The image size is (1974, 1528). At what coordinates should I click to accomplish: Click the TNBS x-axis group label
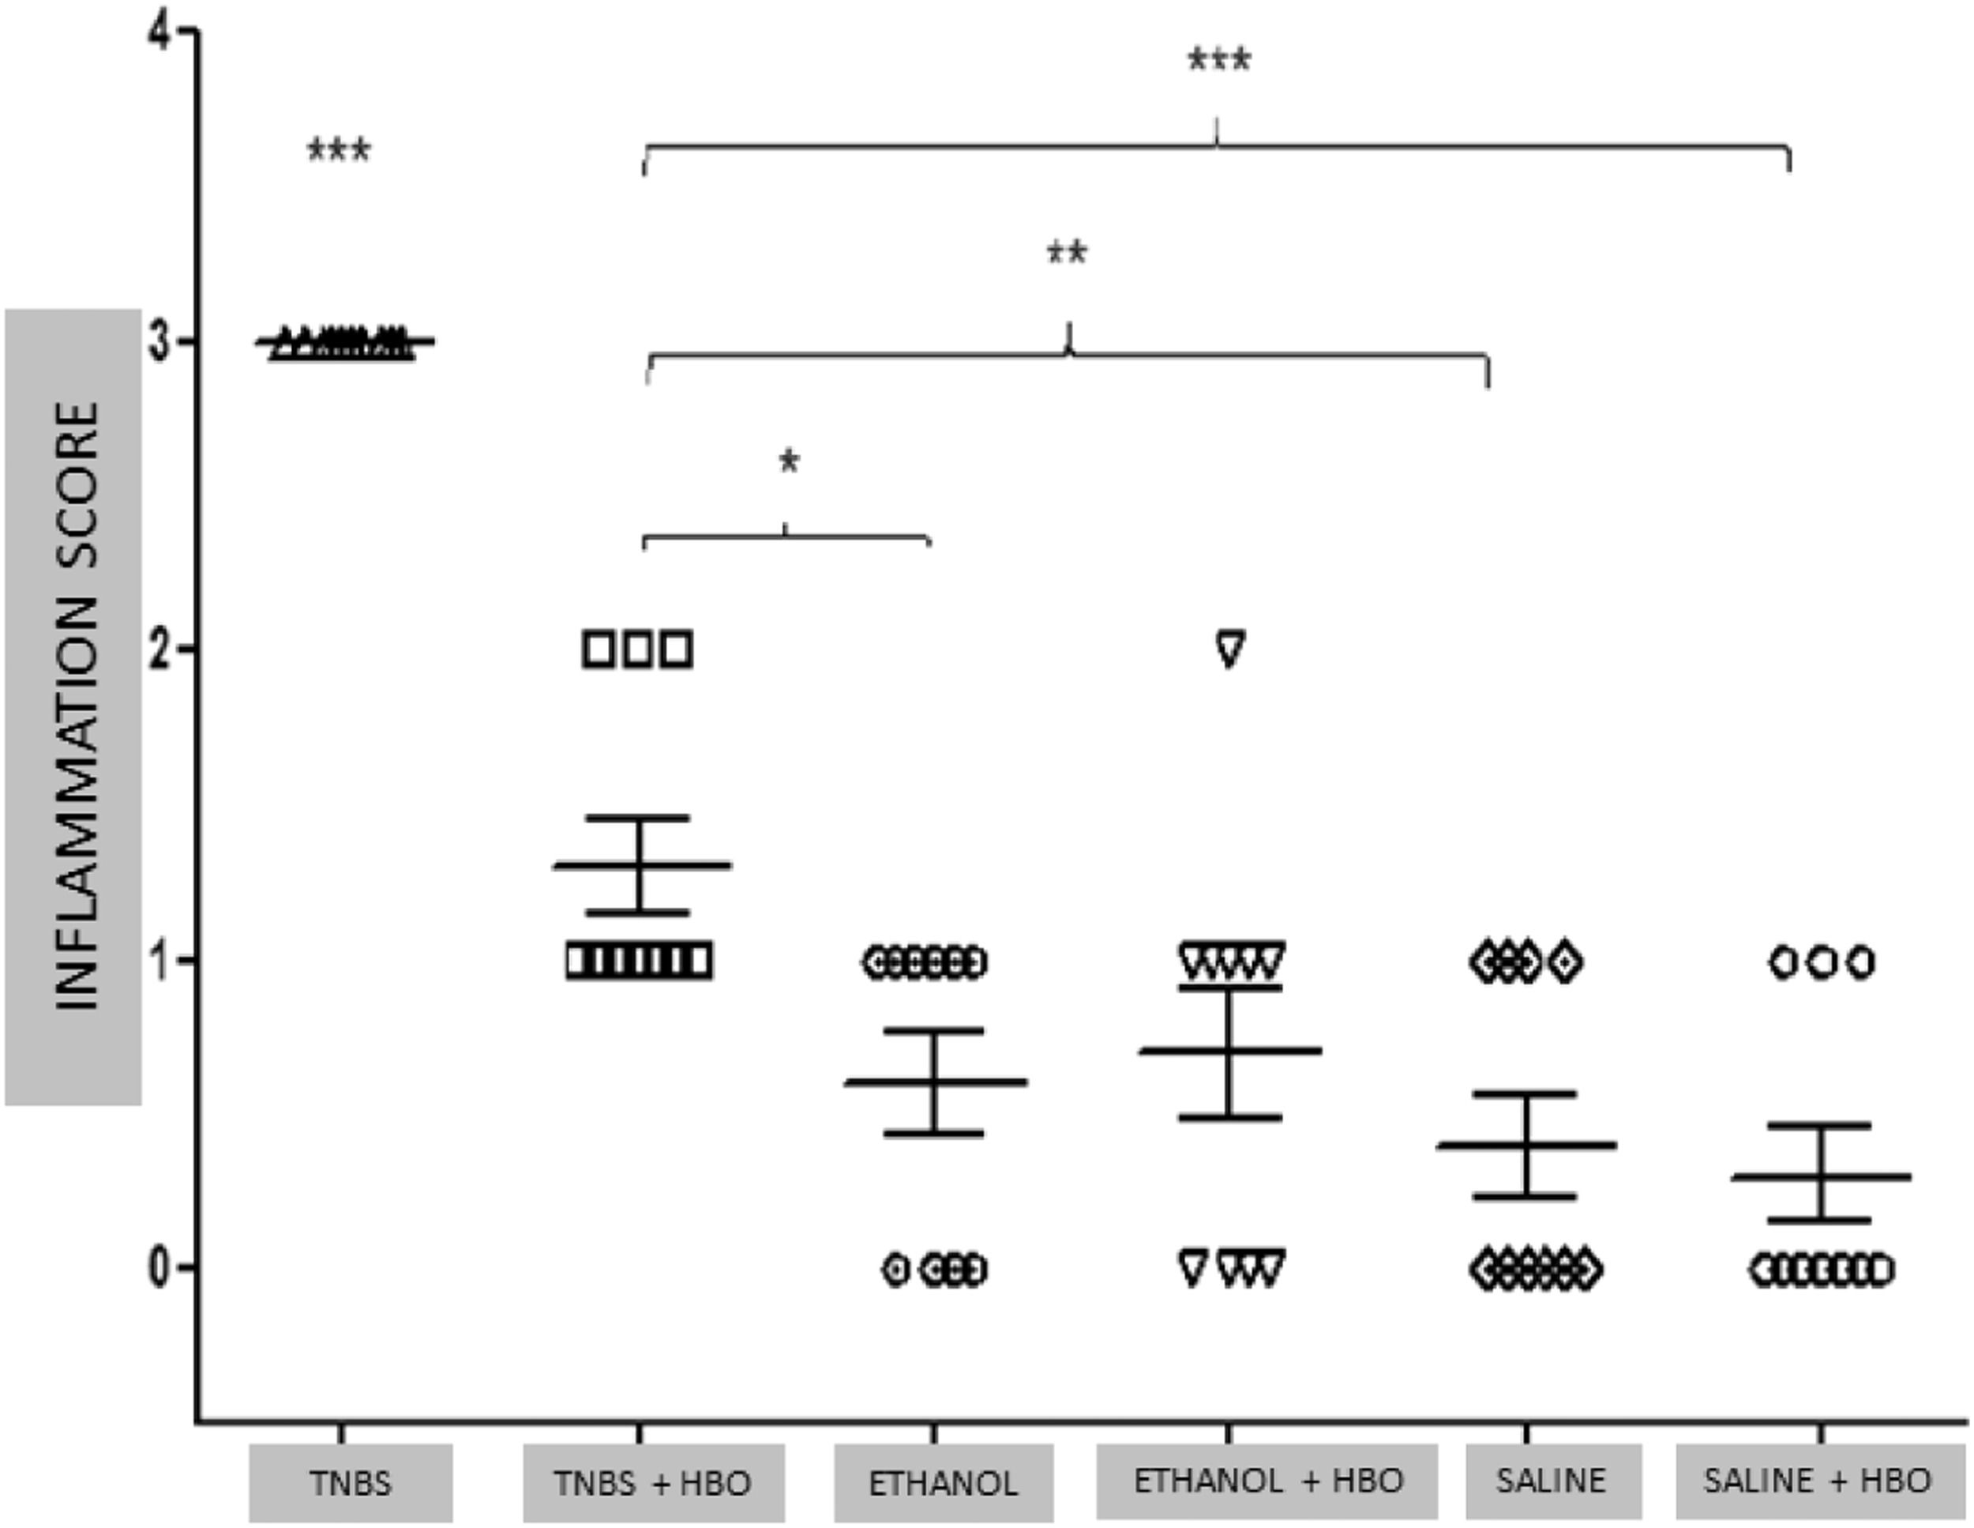coord(351,1483)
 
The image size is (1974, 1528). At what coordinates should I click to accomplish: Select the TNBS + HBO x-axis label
coord(652,1483)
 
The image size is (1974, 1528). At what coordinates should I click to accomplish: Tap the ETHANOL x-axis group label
coord(943,1483)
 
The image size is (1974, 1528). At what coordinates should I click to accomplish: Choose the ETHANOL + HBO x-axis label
coord(1267,1481)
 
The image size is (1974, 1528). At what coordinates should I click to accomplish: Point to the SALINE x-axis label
coord(1551,1481)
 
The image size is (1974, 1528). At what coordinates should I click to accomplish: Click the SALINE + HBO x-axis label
coord(1818,1481)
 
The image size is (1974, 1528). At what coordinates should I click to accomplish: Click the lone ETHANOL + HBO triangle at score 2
coord(1230,649)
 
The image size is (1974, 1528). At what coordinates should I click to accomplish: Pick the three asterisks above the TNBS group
coord(339,150)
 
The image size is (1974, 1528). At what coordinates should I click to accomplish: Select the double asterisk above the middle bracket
coord(1067,253)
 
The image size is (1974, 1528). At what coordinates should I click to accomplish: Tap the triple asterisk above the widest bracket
coord(1218,62)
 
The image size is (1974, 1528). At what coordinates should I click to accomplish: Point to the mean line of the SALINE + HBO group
coord(1820,1176)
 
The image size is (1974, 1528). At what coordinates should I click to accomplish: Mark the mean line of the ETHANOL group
coord(935,1082)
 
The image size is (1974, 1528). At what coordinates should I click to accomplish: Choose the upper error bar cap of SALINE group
coord(1526,1094)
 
